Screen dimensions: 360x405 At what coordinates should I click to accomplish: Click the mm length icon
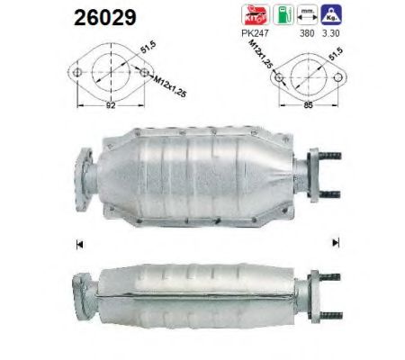coord(309,13)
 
